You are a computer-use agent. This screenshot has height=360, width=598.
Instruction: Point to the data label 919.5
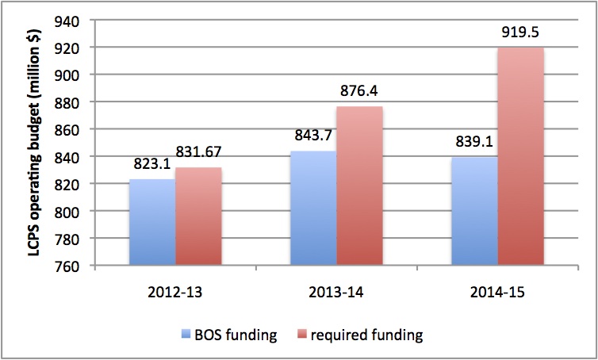point(522,35)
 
